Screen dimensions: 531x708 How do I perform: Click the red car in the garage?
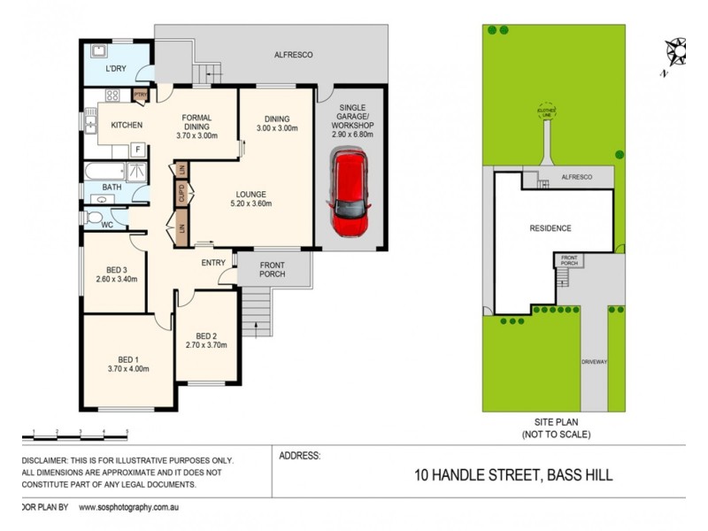coord(350,193)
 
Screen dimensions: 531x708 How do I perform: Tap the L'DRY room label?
coord(115,69)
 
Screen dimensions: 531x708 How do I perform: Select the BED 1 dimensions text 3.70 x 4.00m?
coord(128,368)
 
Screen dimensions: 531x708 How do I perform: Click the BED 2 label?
coord(206,335)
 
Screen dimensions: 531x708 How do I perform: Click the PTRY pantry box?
coord(139,94)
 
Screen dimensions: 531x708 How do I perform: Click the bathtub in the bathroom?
coord(104,171)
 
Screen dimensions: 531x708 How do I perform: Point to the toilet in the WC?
coord(95,217)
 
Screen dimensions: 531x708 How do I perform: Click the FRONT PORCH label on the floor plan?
coord(272,268)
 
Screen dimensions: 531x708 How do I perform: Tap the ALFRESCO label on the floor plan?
coord(293,55)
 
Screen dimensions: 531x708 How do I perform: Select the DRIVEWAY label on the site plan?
coord(594,362)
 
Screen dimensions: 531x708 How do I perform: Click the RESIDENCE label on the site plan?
coord(550,228)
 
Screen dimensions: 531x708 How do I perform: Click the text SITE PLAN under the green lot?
coord(555,423)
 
